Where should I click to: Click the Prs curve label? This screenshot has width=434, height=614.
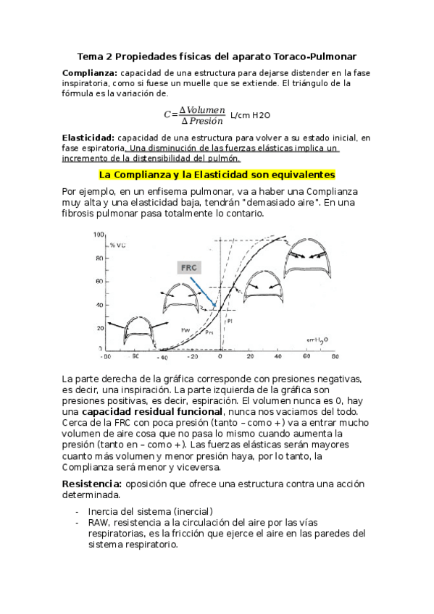(209, 332)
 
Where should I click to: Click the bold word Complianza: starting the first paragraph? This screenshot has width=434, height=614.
(90, 73)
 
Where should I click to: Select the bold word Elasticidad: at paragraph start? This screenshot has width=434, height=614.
(88, 138)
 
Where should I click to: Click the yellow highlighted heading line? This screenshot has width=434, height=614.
(217, 174)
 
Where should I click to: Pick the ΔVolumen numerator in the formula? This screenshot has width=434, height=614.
(202, 109)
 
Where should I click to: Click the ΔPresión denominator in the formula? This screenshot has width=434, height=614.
(202, 120)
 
